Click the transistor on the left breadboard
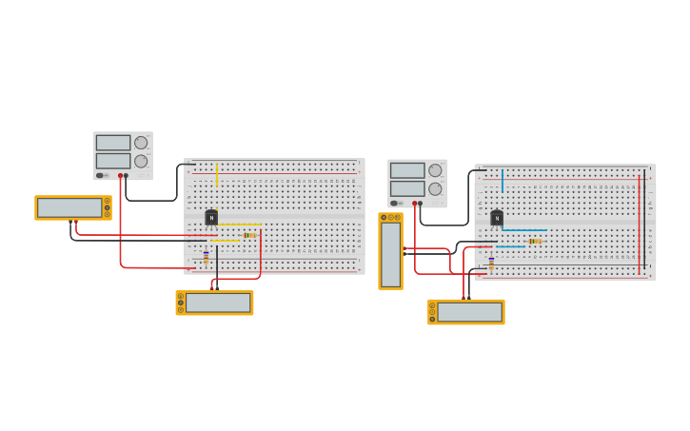pos(211,218)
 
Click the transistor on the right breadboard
pos(497,218)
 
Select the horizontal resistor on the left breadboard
pos(249,235)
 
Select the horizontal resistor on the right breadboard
pos(534,241)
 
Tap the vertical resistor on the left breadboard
pos(206,257)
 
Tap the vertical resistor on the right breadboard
pos(491,264)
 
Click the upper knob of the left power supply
pos(141,143)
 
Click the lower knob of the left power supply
pos(141,161)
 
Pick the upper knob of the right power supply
pos(435,170)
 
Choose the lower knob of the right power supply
pos(435,188)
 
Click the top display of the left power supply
pos(112,143)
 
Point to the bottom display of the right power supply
pos(406,188)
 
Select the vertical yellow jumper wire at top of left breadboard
pos(217,174)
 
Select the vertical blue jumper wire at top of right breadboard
pos(503,180)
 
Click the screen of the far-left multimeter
pos(69,207)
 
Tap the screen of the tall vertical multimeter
pos(390,255)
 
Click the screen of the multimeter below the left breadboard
pos(218,303)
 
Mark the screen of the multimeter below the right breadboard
pos(469,312)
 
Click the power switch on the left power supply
pos(99,175)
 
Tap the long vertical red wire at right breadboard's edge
pos(640,224)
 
